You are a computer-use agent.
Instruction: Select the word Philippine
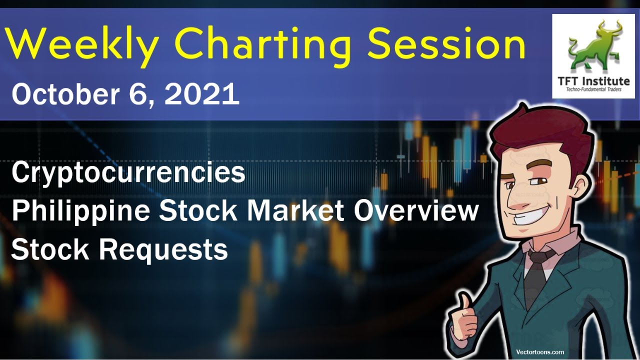[x=80, y=211]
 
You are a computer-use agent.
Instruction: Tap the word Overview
[x=416, y=210]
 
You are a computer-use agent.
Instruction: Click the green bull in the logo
[x=593, y=47]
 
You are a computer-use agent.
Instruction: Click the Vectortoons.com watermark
[x=540, y=352]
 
